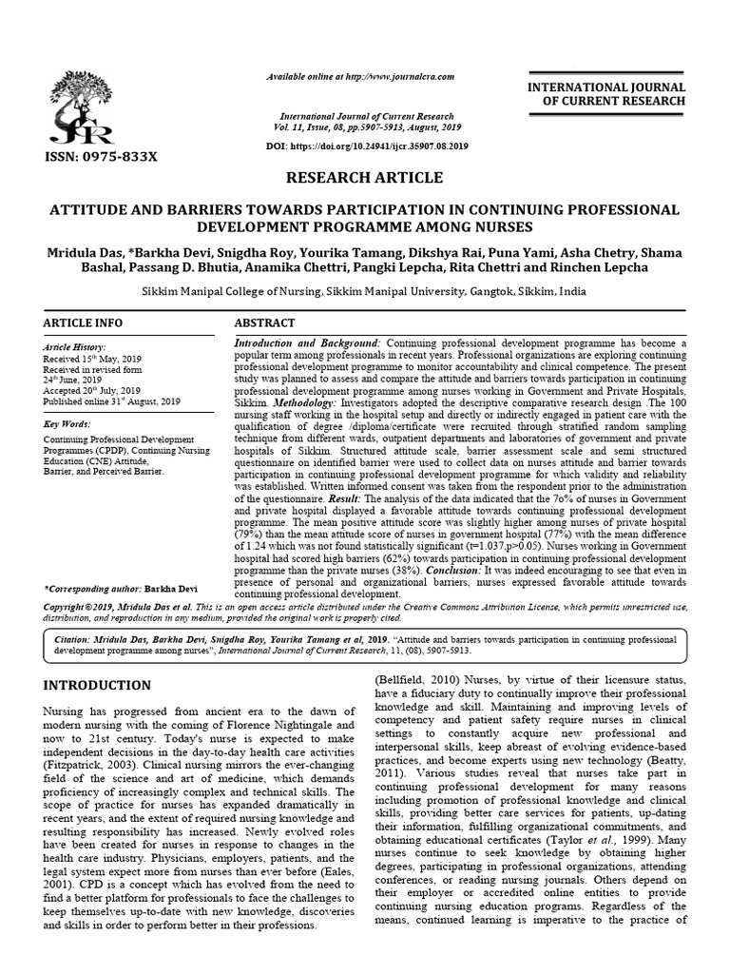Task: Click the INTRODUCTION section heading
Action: (98, 685)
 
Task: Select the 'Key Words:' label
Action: (67, 421)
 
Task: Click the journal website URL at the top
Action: (360, 76)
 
